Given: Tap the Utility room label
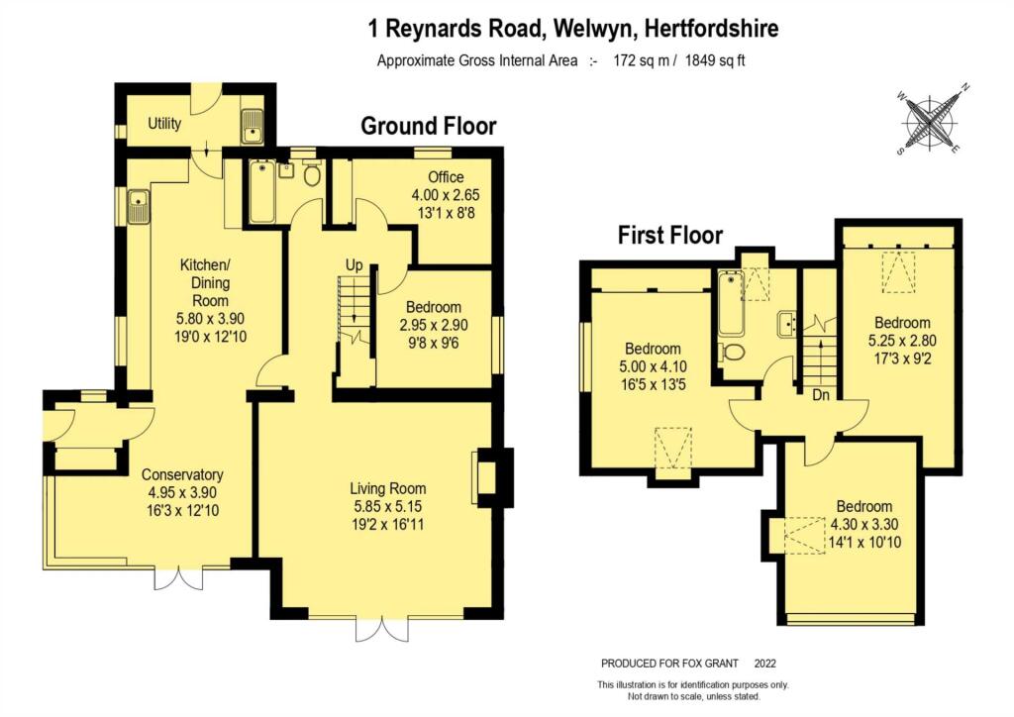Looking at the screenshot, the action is (164, 123).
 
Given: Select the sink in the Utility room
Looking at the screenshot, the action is (251, 126).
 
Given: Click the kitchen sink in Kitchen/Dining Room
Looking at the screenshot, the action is (138, 207).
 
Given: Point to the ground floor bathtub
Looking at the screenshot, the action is (262, 192).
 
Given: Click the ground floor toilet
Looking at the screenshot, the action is (312, 172).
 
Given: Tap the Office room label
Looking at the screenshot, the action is (446, 177).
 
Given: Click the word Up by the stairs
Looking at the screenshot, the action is (354, 265).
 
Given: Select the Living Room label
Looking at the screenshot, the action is (387, 489).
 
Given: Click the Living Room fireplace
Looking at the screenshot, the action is (493, 477).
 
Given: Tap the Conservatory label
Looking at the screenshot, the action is (182, 474).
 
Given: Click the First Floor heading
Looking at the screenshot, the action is (670, 235).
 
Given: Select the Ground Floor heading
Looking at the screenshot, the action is (428, 126).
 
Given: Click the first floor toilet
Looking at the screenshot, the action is (732, 352).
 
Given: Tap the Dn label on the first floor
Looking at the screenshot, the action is (821, 394).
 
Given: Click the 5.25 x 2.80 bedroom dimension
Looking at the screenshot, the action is (902, 340).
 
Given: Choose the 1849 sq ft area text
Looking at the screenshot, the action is (715, 60).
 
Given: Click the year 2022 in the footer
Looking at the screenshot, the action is (765, 664).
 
